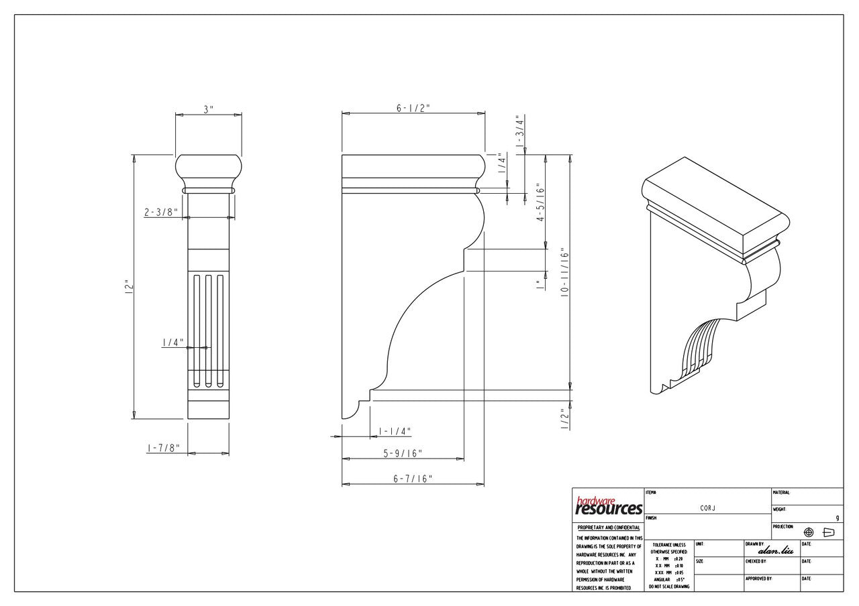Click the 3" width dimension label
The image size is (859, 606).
pyautogui.click(x=209, y=109)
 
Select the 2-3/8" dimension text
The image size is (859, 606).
pyautogui.click(x=161, y=213)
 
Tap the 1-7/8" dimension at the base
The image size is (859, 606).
pyautogui.click(x=164, y=448)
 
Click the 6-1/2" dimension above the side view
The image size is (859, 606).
pyautogui.click(x=413, y=108)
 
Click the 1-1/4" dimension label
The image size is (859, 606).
pyautogui.click(x=395, y=431)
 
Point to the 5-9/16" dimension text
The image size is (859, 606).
pyautogui.click(x=403, y=454)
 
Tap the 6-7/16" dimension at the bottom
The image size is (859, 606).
pyautogui.click(x=413, y=479)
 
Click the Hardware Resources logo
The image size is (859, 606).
pyautogui.click(x=609, y=507)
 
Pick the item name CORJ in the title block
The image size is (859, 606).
pyautogui.click(x=707, y=508)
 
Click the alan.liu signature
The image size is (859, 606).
pyautogui.click(x=775, y=550)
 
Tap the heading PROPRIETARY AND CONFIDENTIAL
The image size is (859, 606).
pyautogui.click(x=609, y=528)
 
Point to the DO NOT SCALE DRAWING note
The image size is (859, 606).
pyautogui.click(x=668, y=587)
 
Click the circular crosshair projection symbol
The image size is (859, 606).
pyautogui.click(x=809, y=532)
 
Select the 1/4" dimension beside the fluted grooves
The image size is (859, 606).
pyautogui.click(x=172, y=343)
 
